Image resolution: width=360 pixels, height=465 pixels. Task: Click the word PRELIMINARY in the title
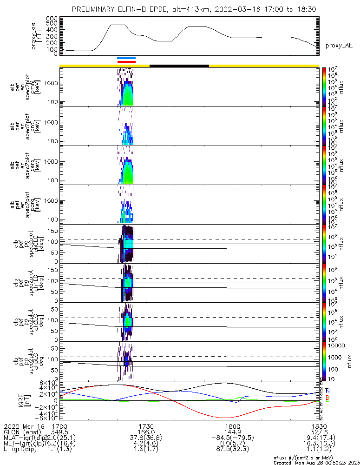[96, 9]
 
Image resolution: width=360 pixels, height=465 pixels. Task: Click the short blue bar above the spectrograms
[126, 58]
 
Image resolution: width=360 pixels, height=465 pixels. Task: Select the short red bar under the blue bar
[126, 61]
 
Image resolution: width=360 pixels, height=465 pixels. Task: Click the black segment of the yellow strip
[179, 66]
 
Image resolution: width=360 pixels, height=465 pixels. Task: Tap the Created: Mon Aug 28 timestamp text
[315, 462]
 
